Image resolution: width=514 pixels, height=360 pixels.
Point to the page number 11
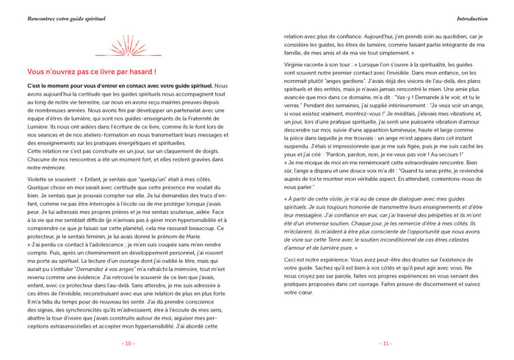[x=385, y=343]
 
